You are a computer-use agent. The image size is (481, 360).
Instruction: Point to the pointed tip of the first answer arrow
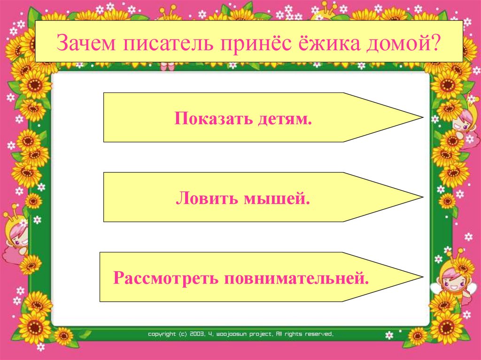click(422, 117)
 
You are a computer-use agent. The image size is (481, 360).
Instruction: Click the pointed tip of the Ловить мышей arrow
click(422, 197)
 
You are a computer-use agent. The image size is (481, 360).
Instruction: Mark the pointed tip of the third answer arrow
click(422, 276)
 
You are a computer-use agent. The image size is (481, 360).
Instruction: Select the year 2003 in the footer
click(196, 334)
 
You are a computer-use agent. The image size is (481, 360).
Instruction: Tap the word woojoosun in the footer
click(232, 334)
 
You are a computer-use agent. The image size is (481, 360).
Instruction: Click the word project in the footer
click(263, 334)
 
